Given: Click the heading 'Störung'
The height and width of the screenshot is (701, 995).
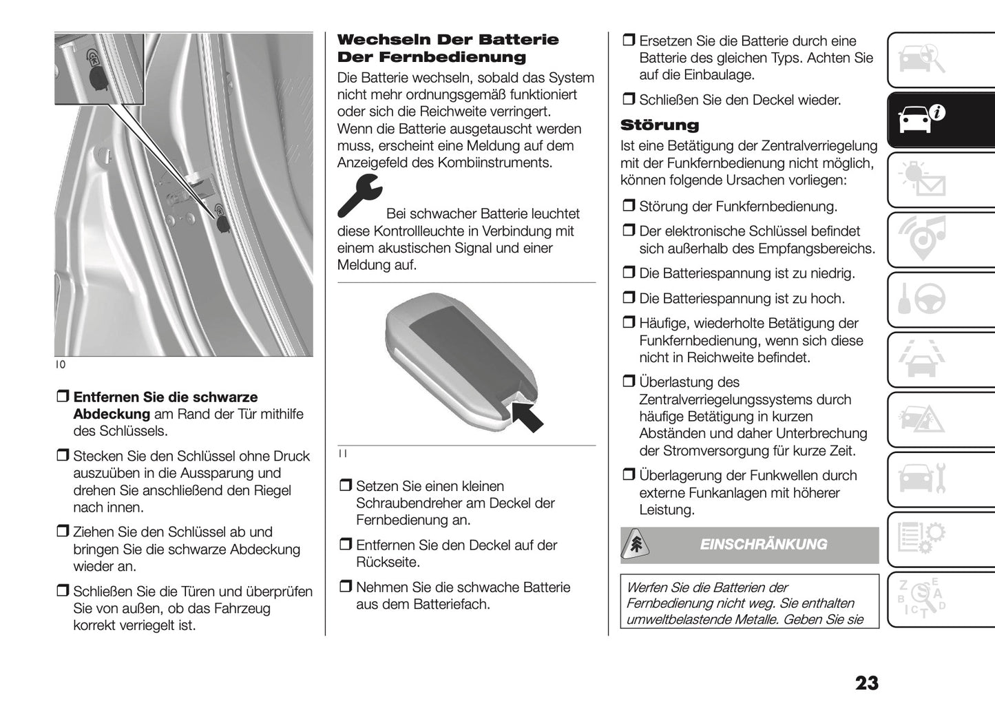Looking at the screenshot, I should [659, 125].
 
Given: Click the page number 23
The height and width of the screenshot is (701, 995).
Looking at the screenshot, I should [866, 682].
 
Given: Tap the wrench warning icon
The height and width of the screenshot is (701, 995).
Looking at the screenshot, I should [359, 196].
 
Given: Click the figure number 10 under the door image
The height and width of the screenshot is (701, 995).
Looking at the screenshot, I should [61, 365].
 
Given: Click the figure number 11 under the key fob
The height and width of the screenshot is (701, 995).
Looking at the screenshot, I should [343, 454].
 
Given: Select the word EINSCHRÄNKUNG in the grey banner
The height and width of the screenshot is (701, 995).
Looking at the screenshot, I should [763, 545].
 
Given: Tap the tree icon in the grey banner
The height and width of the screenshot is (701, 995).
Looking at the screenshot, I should [636, 545].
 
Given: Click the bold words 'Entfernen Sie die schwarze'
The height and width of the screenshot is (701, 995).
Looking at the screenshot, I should [165, 397].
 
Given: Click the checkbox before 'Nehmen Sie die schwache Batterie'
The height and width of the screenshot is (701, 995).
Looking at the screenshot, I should [345, 587].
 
